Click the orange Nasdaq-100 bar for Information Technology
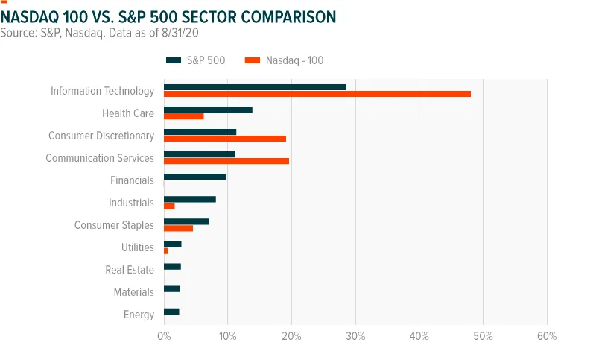tap(317, 94)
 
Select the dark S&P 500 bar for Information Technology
tap(255, 87)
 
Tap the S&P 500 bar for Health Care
tap(208, 110)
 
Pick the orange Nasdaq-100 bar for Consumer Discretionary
tap(225, 139)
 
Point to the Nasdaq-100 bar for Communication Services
tap(226, 161)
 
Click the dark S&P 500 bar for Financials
tap(194, 177)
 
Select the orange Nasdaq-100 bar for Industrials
tap(169, 206)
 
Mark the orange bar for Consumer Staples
tap(178, 229)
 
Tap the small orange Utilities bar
tap(165, 251)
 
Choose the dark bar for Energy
tap(171, 312)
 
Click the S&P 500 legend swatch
tap(174, 60)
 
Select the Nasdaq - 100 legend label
tap(294, 60)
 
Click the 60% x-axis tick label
tap(547, 336)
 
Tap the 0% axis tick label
tap(164, 336)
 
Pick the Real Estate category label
tap(130, 270)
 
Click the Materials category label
tap(134, 292)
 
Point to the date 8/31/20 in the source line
tap(180, 33)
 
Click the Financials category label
tap(132, 180)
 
